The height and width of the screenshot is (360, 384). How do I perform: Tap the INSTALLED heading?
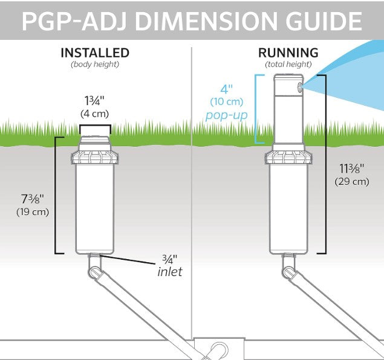point(95,53)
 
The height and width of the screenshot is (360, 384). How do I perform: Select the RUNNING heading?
point(288,53)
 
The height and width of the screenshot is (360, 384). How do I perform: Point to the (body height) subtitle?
point(95,63)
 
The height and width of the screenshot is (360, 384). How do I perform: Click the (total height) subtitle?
point(288,63)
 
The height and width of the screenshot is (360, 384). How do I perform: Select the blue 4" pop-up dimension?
point(226,88)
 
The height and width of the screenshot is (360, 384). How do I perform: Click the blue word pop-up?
point(226,115)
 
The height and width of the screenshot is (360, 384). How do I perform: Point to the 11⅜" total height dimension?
point(351,169)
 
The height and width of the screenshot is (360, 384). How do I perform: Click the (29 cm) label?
point(351,181)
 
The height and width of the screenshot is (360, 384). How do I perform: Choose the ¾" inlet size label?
point(169,259)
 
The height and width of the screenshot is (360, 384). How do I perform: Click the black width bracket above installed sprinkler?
point(94,126)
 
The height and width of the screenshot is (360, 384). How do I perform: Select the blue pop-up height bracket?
point(258,109)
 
